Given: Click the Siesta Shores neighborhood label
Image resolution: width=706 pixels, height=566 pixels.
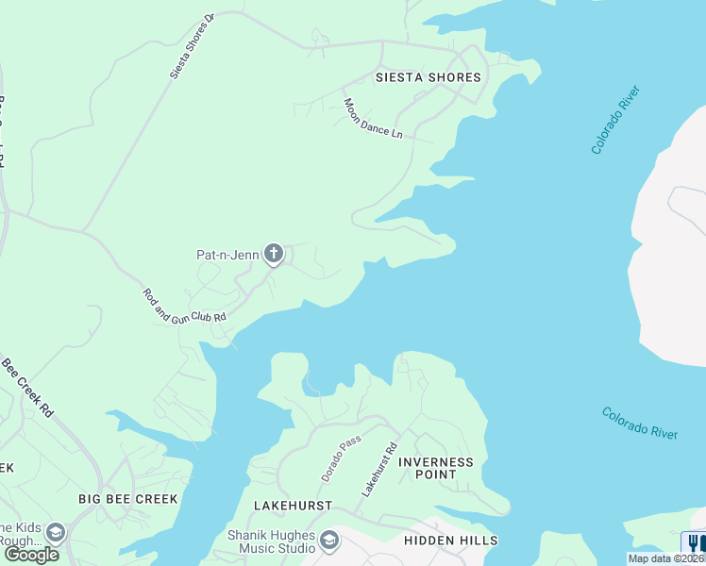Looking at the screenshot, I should coord(428,77).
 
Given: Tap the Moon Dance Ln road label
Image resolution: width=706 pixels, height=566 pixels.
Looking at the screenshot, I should coord(373,119).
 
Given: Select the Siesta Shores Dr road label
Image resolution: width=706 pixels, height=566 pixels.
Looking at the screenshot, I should coord(193,45).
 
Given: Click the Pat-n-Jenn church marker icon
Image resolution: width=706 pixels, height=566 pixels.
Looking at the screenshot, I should coord(274,253).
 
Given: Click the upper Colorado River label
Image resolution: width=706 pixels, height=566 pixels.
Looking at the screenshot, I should coord(616,120).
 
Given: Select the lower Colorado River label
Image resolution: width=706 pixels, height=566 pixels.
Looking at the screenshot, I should coord(640,423).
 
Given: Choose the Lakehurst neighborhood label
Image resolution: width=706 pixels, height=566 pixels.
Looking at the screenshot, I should coord(293,506).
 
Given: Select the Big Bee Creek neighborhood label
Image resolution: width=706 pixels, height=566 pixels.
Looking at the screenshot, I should coord(127,498).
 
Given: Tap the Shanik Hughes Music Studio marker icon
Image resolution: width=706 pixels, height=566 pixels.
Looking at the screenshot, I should coord(329,541).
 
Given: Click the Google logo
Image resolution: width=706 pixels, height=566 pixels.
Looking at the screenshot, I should coord(31,555).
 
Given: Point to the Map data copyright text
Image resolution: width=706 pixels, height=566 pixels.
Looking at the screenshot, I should coord(665,558).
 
